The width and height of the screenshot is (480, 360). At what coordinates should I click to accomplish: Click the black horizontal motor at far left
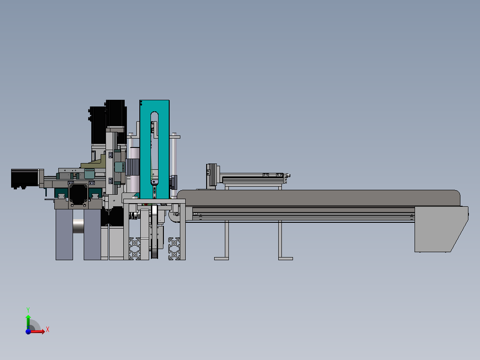(x=25, y=178)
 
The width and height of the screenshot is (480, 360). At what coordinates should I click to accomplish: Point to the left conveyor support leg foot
(x=221, y=258)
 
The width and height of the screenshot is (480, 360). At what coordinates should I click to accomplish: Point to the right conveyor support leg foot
(x=285, y=258)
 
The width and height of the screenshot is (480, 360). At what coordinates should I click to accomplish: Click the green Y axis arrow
(x=28, y=321)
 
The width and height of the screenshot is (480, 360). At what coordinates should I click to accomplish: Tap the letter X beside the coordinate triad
(x=48, y=329)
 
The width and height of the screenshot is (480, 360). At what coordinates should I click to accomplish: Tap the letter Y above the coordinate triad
(x=28, y=309)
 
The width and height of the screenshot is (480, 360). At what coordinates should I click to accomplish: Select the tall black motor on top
(x=115, y=113)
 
